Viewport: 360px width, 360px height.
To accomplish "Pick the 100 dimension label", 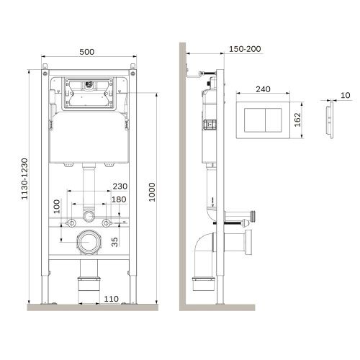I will tap(55, 207).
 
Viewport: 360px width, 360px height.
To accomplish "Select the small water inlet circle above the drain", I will tap(89, 215).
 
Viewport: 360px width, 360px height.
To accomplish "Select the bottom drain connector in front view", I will tap(89, 282).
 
